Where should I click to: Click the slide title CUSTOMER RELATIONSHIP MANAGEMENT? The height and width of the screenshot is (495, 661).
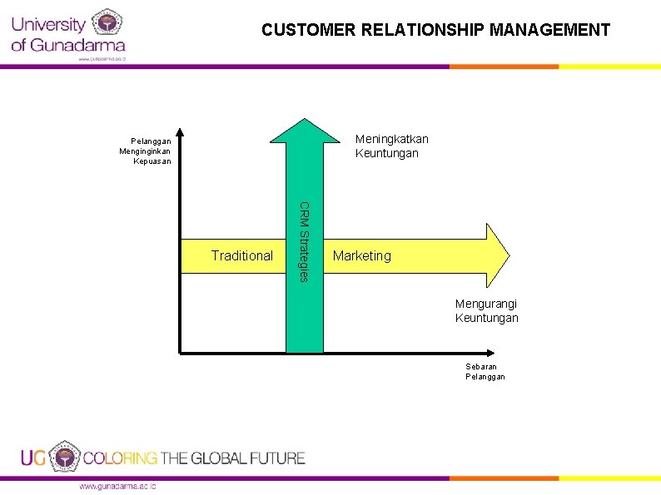[x=435, y=31]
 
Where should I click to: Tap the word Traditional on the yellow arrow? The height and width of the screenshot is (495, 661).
[x=241, y=255]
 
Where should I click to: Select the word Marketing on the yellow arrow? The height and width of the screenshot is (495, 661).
[x=361, y=255]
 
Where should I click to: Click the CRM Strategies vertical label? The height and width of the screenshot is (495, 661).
[x=305, y=241]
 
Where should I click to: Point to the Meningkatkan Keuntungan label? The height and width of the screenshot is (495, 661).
[x=391, y=146]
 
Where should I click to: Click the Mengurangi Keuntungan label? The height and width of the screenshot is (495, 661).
[x=486, y=311]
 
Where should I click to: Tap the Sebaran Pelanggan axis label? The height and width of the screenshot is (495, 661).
[x=485, y=371]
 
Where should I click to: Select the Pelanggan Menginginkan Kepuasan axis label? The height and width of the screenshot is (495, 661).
[x=146, y=151]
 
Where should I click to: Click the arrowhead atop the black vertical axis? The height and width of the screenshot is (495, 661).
[x=179, y=132]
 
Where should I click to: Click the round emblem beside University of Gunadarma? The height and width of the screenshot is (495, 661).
[x=106, y=23]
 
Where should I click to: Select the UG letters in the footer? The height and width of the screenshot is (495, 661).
[x=33, y=458]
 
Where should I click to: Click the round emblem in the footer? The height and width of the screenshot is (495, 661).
[x=63, y=457]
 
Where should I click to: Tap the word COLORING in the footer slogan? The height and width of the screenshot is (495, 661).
[x=120, y=458]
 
